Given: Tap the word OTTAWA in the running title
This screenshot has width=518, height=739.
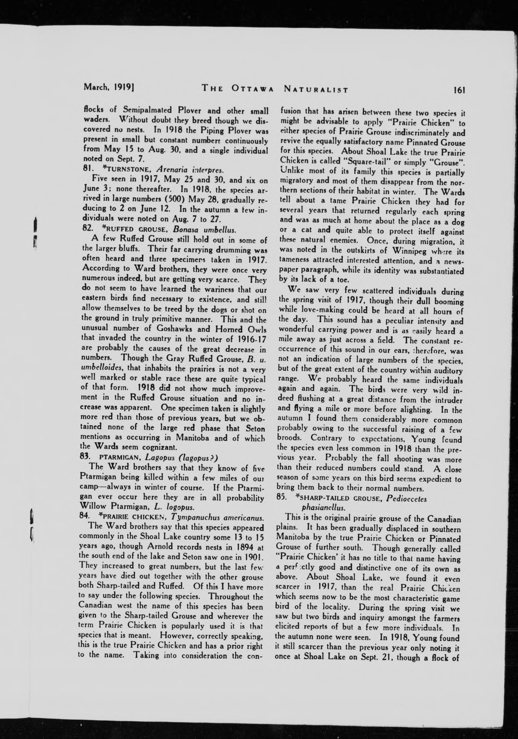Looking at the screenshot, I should (252, 89).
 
